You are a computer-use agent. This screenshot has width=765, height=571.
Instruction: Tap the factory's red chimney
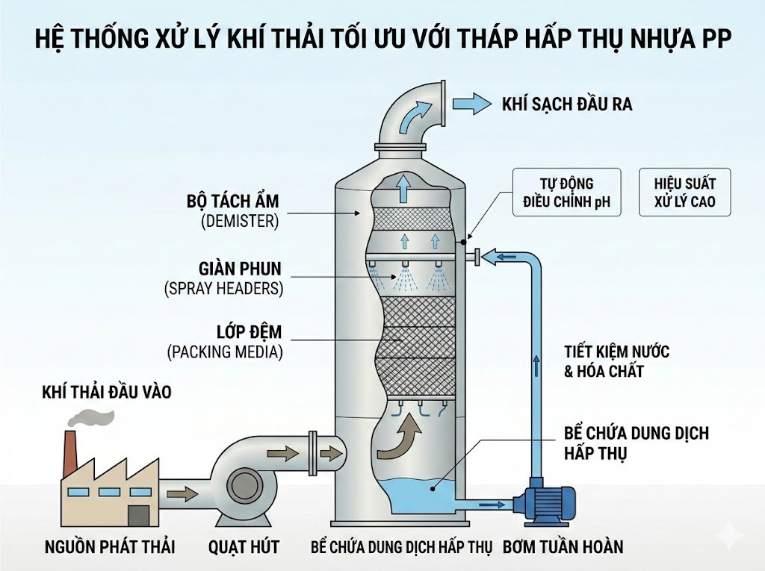pos(71,452)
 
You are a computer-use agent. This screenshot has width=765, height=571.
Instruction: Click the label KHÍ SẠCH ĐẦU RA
pos(567,104)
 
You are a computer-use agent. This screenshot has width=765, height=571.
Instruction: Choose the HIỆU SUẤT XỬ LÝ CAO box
pos(684,193)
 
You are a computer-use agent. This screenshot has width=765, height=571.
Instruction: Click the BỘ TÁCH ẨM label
pos(232,202)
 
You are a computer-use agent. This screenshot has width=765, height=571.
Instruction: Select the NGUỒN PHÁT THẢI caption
pos(109,547)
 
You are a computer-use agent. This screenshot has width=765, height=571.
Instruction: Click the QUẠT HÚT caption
pos(244,547)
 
